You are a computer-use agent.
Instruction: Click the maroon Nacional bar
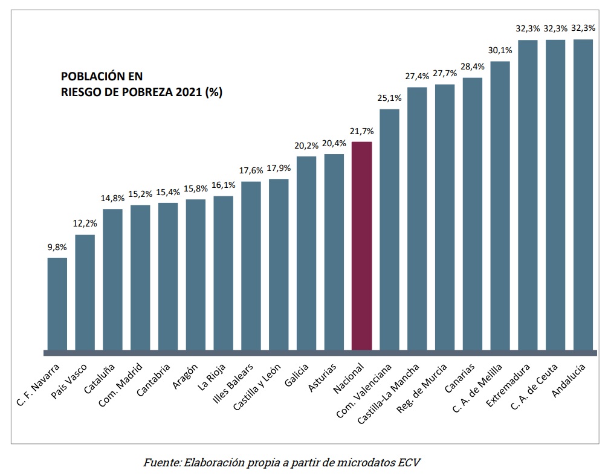tap(361, 246)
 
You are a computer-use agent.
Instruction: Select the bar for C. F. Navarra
tap(57, 304)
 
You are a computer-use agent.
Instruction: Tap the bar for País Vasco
tap(85, 292)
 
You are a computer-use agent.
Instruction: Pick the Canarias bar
tap(473, 214)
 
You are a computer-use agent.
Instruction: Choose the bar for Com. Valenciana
tap(389, 230)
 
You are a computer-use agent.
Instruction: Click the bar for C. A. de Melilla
tap(500, 205)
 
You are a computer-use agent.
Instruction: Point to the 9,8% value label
tap(57, 247)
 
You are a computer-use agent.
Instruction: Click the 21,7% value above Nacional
tap(361, 131)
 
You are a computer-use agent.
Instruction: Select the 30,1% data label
tap(500, 51)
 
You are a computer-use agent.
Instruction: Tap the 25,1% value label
tap(389, 98)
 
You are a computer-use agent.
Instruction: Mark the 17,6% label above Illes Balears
tap(251, 171)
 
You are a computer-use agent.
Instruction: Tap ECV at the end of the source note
tap(409, 463)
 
